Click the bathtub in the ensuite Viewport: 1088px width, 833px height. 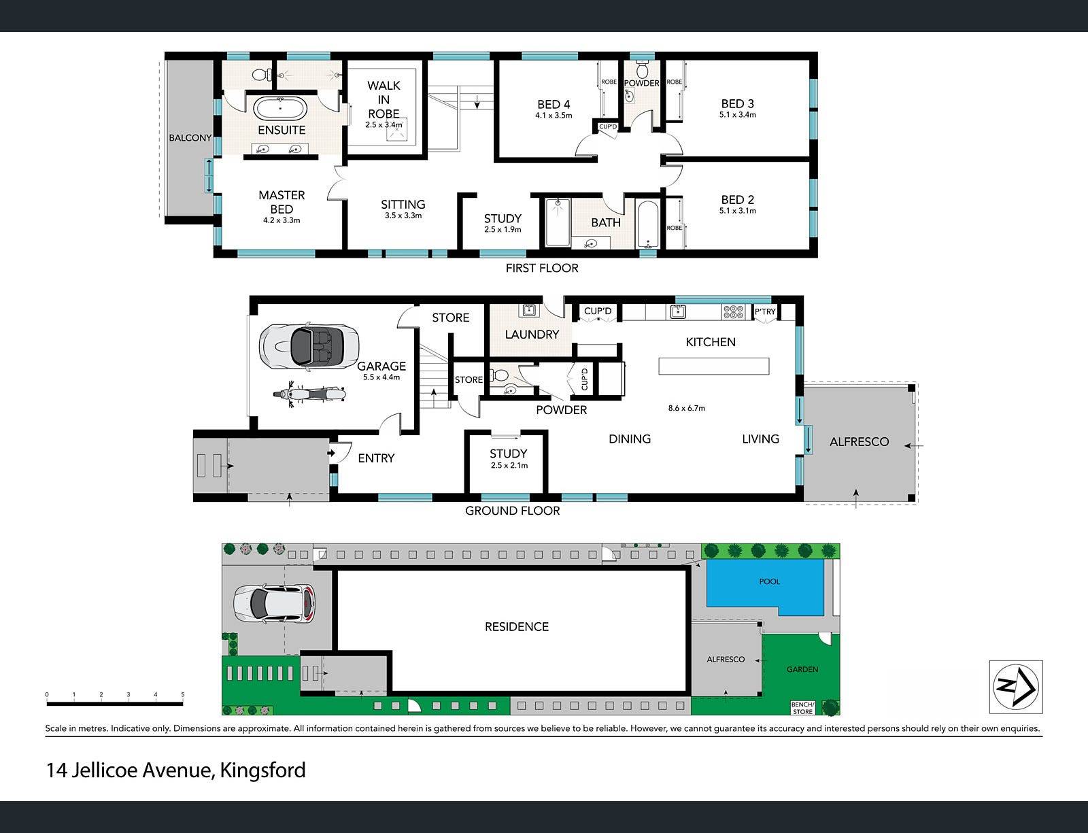[x=280, y=107]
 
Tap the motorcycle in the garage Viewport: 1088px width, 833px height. [x=309, y=394]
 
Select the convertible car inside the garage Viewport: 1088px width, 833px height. [x=309, y=346]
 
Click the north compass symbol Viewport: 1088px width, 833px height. [x=1016, y=687]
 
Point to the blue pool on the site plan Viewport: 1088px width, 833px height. [x=764, y=588]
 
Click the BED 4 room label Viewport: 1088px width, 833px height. [x=554, y=105]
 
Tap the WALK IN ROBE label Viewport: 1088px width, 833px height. [x=384, y=99]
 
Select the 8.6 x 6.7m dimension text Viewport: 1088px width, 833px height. [x=686, y=408]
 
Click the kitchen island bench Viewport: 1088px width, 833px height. [x=713, y=366]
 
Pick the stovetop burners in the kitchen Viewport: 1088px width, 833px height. [x=733, y=312]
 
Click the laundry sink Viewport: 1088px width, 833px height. [x=528, y=310]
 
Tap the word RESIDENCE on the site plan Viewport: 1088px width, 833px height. [x=517, y=627]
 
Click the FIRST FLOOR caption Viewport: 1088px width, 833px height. [x=542, y=269]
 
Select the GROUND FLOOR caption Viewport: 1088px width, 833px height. [x=512, y=511]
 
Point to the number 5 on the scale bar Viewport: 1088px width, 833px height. [x=183, y=694]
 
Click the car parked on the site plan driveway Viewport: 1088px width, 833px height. [x=274, y=605]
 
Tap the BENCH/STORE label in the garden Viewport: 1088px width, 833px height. [x=802, y=708]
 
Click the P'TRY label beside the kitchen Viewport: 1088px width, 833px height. [x=765, y=312]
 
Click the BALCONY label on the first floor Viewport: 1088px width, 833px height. [x=190, y=137]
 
